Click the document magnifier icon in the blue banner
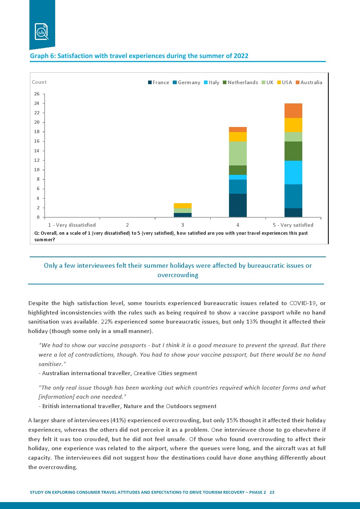click(x=41, y=31)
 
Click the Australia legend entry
click(x=309, y=82)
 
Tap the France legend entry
click(x=159, y=82)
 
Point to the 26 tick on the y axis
click(x=37, y=94)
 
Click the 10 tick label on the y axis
click(x=37, y=170)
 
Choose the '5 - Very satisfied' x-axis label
click(x=293, y=225)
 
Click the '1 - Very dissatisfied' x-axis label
click(x=72, y=225)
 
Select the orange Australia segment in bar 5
click(x=293, y=111)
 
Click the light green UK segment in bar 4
click(x=238, y=153)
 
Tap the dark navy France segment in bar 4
click(x=238, y=205)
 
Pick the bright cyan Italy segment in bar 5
click(x=293, y=172)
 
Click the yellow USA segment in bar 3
click(x=183, y=206)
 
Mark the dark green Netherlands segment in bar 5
click(x=293, y=151)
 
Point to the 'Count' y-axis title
click(x=39, y=82)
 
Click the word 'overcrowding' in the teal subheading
click(x=178, y=275)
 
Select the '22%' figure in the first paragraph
click(x=107, y=322)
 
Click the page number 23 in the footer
click(x=272, y=492)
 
